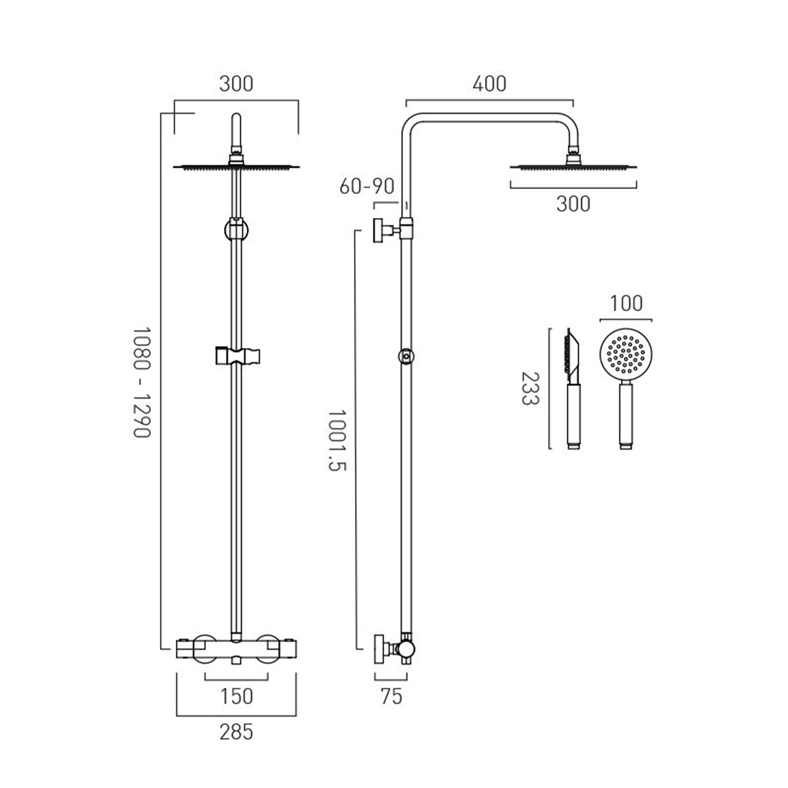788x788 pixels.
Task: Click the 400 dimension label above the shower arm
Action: click(x=489, y=84)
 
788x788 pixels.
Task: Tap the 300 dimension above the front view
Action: click(x=236, y=84)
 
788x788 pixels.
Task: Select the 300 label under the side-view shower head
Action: click(x=573, y=204)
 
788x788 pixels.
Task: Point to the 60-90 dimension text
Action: click(x=367, y=186)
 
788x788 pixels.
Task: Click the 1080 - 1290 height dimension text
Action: click(x=142, y=382)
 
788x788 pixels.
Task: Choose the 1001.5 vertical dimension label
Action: click(x=337, y=440)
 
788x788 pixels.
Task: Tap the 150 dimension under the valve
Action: click(x=236, y=696)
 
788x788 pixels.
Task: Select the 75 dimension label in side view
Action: click(x=391, y=696)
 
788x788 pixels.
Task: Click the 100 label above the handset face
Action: click(x=626, y=303)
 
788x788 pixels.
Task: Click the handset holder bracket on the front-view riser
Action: click(x=237, y=356)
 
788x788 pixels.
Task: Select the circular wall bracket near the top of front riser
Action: click(x=236, y=230)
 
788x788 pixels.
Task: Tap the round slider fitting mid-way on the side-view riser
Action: click(x=406, y=356)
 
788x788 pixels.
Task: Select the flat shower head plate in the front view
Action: click(x=236, y=167)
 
